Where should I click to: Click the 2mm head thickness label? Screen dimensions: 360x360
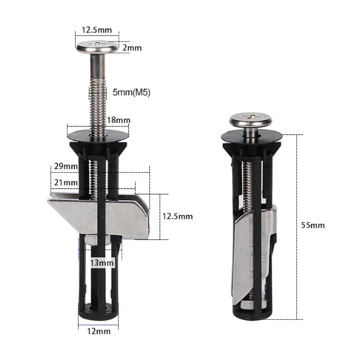tap(132, 48)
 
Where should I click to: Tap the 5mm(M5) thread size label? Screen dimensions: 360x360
tap(131, 92)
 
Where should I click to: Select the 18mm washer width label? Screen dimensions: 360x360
tap(118, 120)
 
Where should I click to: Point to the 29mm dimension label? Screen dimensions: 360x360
tap(65, 166)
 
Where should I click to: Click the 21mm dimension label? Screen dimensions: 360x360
tap(65, 182)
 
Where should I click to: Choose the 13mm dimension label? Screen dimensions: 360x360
tap(102, 263)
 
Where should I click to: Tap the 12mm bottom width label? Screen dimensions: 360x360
tap(99, 331)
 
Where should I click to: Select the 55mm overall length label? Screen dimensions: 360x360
tap(313, 225)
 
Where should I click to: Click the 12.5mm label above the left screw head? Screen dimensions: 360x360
tap(97, 30)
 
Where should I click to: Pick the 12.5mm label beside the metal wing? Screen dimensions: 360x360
tap(178, 216)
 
